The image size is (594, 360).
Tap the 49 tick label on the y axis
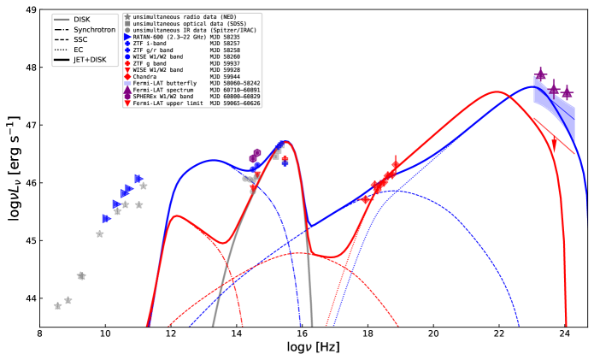29,10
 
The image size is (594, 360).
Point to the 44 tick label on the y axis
29,298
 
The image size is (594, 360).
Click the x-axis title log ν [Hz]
313,350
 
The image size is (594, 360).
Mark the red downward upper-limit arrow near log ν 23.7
554,145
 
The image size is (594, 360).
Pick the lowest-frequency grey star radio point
57,306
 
